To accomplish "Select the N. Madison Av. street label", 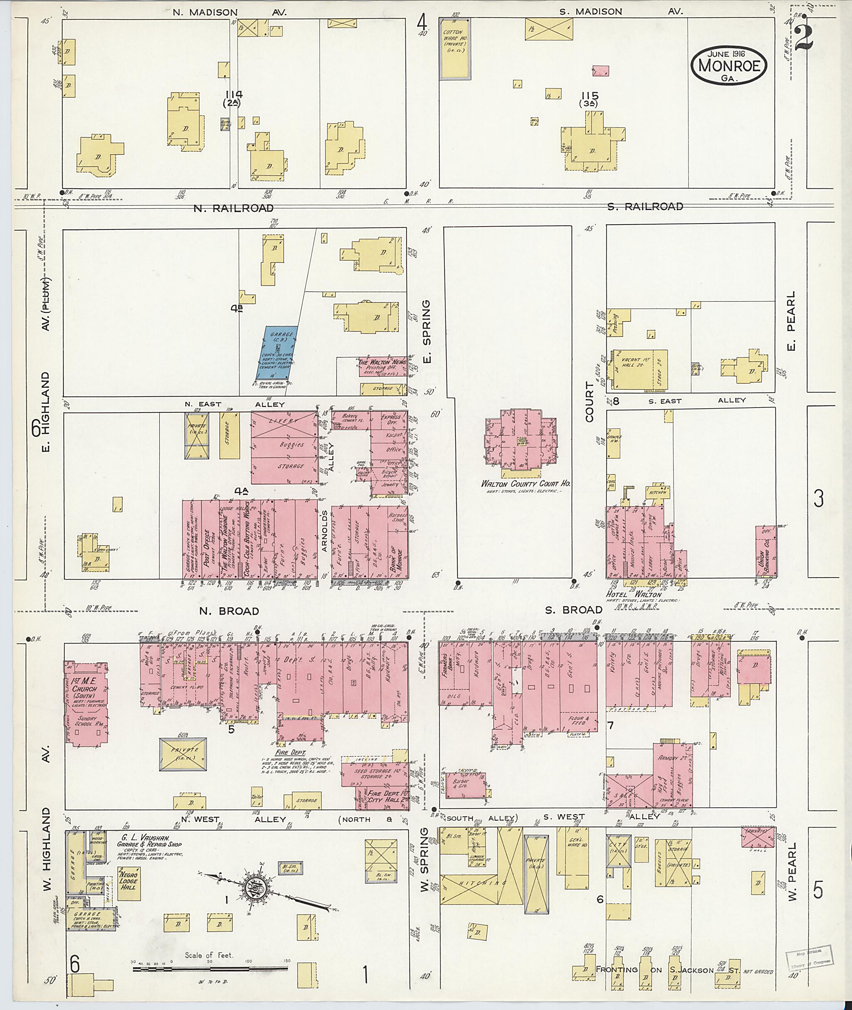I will click(229, 12).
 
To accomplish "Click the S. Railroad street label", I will click(645, 207).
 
